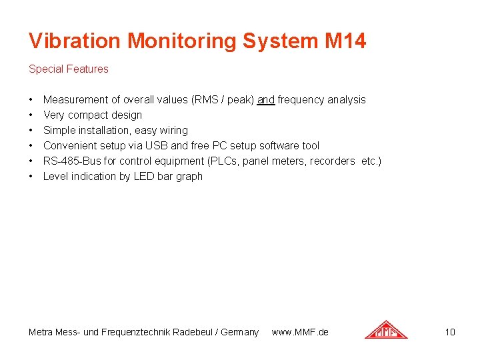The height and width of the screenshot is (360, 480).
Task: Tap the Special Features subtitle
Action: click(68, 69)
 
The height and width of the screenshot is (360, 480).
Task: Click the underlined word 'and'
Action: click(266, 100)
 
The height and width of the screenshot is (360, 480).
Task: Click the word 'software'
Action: click(278, 146)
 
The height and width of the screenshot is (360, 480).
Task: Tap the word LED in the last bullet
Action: click(135, 177)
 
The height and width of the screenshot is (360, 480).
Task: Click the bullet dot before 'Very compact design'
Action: click(31, 115)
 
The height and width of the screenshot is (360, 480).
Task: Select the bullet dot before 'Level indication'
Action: click(31, 177)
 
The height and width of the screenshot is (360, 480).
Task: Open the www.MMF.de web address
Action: click(300, 332)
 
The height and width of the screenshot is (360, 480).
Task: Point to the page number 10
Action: click(450, 332)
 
